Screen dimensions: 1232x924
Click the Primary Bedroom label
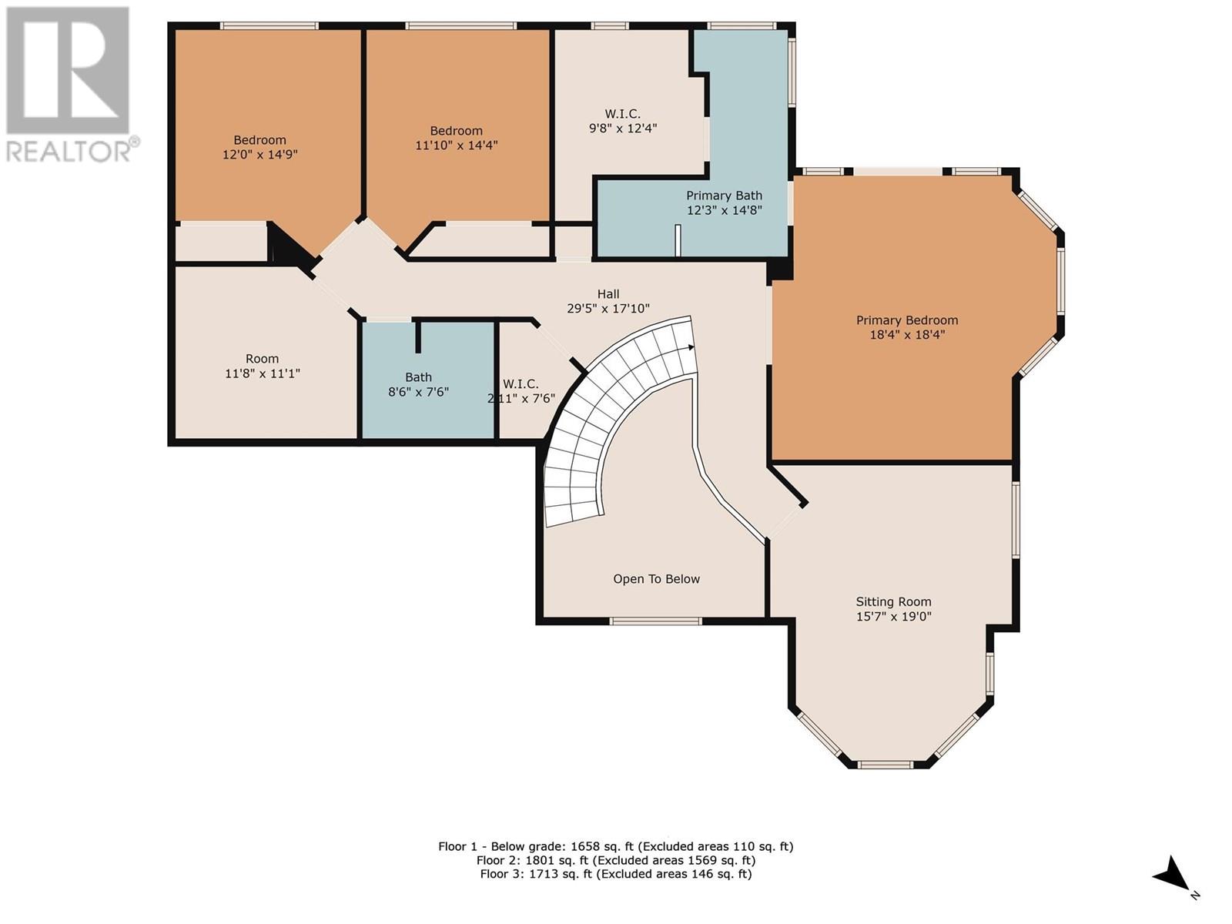pyautogui.click(x=906, y=320)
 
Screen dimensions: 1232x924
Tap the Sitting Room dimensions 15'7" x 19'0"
pyautogui.click(x=893, y=617)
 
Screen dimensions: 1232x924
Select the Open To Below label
pyautogui.click(x=656, y=579)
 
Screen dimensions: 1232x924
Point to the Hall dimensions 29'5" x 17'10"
pyautogui.click(x=608, y=308)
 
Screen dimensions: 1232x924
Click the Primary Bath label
pyautogui.click(x=724, y=196)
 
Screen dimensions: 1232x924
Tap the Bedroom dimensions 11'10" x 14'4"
pyautogui.click(x=457, y=146)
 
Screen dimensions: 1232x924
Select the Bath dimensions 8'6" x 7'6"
pyautogui.click(x=418, y=392)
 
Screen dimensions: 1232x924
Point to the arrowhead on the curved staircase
pyautogui.click(x=691, y=347)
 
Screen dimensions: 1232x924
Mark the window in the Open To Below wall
pyautogui.click(x=655, y=621)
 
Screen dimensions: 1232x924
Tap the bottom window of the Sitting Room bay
pyautogui.click(x=886, y=765)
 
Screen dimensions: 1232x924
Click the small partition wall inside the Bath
pyautogui.click(x=417, y=336)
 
